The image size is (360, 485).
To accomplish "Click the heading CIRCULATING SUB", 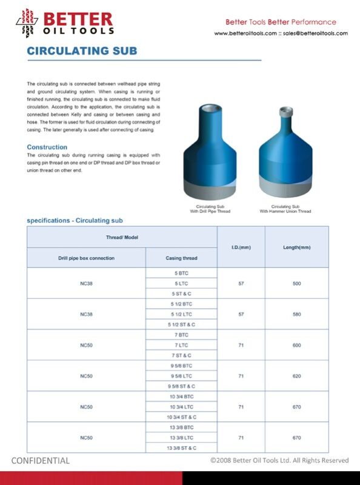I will click(82, 51).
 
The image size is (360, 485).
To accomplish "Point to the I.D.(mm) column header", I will click(241, 247).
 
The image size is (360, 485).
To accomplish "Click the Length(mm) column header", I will click(296, 247).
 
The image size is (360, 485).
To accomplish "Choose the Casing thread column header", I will click(181, 258).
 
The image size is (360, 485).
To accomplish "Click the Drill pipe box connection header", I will click(86, 258).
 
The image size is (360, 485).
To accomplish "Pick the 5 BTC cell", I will click(181, 273).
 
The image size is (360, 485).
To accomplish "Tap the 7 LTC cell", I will click(181, 345).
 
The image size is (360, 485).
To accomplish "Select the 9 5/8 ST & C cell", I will click(181, 386).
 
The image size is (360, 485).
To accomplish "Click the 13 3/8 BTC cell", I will click(181, 427).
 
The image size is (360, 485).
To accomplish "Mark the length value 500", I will click(296, 284).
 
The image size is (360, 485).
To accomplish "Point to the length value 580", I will click(296, 314).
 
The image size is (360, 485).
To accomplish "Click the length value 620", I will click(296, 376).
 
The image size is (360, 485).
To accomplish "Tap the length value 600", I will click(296, 345).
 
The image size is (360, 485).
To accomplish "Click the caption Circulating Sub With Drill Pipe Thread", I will click(208, 209).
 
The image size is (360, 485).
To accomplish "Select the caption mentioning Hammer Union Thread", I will click(285, 209).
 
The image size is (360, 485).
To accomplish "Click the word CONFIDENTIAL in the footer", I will click(41, 460).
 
